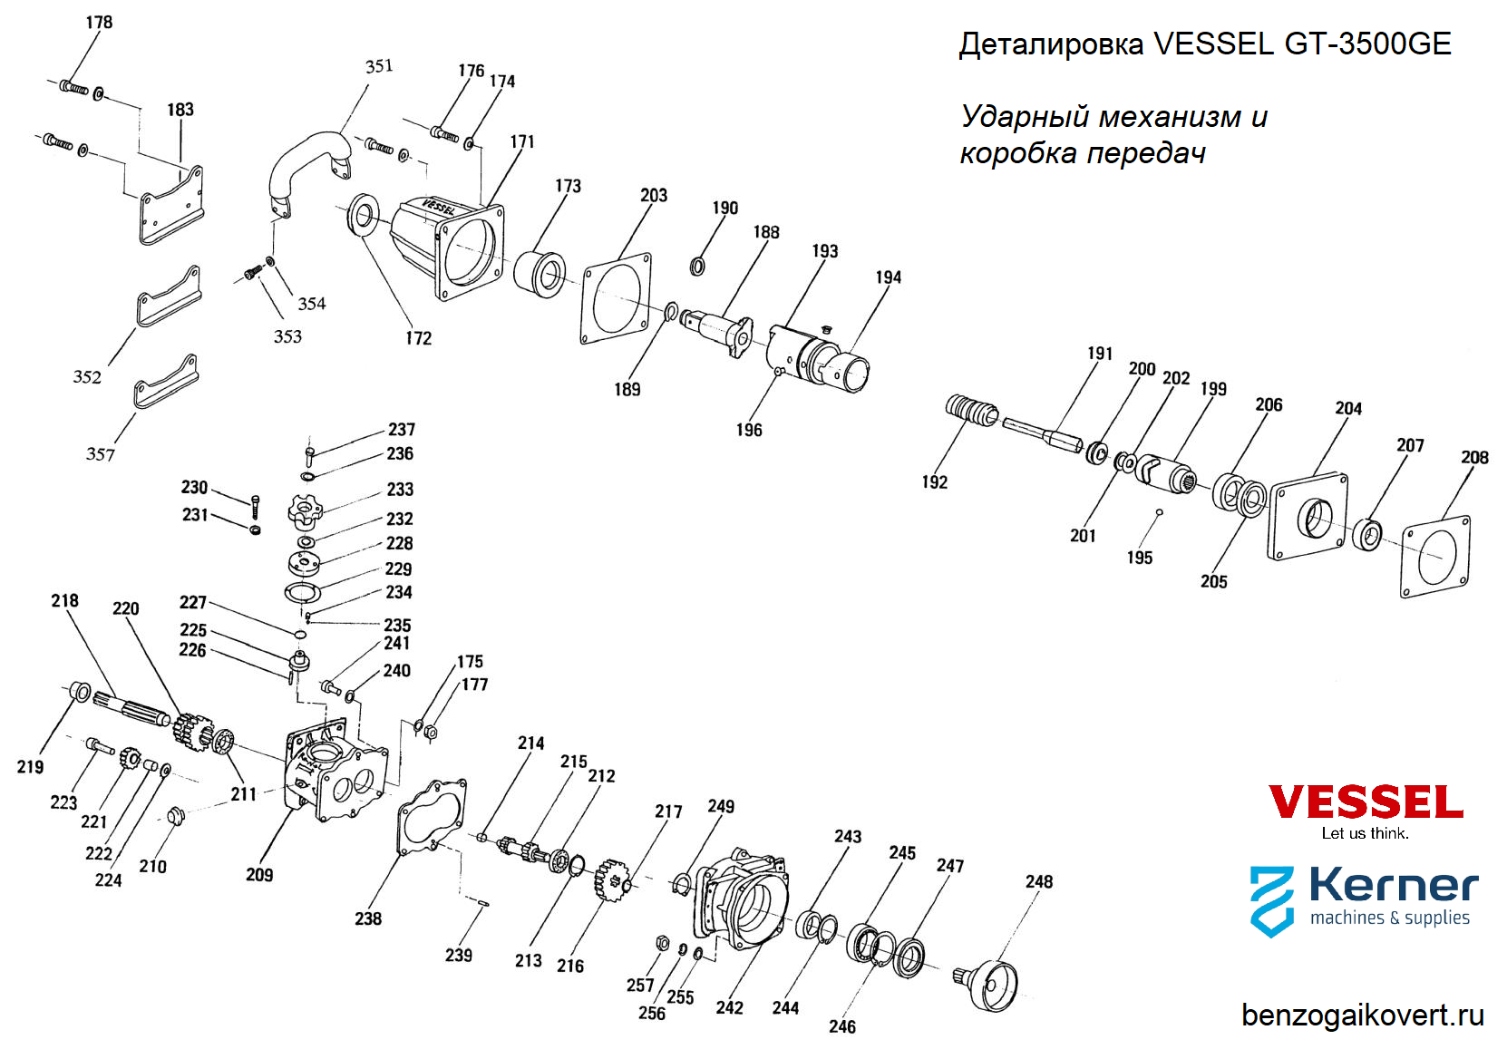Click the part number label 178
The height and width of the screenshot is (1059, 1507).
(99, 23)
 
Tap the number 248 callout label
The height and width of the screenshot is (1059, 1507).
(1039, 882)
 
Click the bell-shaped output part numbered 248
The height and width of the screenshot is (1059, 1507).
(993, 984)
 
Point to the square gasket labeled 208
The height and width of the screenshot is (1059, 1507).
(1435, 556)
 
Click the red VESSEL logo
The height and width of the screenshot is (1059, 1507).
(1365, 802)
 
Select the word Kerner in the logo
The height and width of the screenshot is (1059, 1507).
(1393, 885)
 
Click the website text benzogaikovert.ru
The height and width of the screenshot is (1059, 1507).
(1362, 1015)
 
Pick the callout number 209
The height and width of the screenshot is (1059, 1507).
(259, 875)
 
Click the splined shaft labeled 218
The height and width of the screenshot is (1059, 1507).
(131, 708)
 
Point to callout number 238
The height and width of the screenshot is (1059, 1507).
(368, 919)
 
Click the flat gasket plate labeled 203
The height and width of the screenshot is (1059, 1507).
(617, 297)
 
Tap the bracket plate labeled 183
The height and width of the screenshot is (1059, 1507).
(171, 205)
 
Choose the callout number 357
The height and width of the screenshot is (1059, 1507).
(101, 454)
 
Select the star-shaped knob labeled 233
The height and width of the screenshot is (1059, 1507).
(305, 510)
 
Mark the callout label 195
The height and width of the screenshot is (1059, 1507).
(1140, 559)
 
